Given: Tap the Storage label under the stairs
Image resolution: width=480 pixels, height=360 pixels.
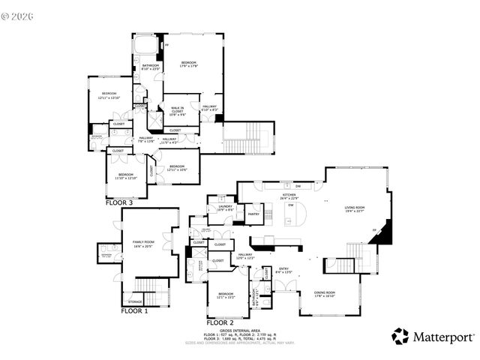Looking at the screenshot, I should coord(135,301).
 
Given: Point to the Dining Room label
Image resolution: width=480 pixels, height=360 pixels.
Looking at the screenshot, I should coord(325,294).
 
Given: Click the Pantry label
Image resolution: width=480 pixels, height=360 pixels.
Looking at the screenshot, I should coord(253,214).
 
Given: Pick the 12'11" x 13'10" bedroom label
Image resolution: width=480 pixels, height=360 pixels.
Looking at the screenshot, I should coord(109,96).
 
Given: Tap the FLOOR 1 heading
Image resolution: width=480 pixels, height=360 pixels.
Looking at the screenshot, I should coord(136,310).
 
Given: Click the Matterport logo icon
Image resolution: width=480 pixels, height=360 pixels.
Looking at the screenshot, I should coord(400,337).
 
